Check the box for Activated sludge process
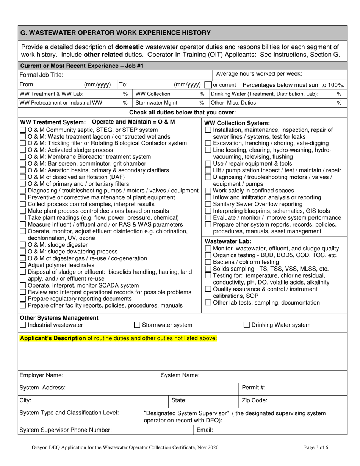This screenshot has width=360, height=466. (x=23, y=150)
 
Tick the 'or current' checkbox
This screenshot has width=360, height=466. (x=208, y=85)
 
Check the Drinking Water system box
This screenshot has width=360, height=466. (x=247, y=325)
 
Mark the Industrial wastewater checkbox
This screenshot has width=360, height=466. (x=23, y=325)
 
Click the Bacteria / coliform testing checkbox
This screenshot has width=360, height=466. (x=208, y=262)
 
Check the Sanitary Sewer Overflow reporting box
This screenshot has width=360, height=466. (x=208, y=204)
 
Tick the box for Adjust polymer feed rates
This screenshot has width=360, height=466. (x=23, y=265)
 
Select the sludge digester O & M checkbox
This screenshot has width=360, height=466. (x=23, y=245)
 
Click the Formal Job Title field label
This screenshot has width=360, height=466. (x=41, y=75)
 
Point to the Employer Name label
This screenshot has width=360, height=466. (x=41, y=375)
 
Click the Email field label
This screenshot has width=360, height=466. (x=205, y=430)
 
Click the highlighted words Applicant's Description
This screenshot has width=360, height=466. (x=53, y=338)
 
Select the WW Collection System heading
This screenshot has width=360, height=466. (x=237, y=123)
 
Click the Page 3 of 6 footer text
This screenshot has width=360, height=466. (x=316, y=447)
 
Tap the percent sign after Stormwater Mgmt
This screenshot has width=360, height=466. (x=202, y=103)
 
